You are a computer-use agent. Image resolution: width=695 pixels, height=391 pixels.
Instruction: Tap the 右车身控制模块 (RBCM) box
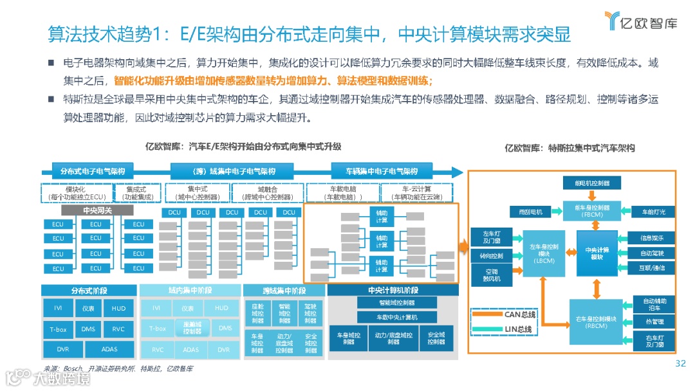592,320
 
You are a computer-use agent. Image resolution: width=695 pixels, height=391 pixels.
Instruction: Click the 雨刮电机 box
530,211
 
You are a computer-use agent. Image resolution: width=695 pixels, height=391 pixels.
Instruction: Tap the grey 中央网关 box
97,210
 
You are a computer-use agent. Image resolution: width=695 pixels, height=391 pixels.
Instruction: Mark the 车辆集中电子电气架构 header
382,171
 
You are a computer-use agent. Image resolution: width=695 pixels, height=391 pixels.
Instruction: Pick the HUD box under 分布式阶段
118,309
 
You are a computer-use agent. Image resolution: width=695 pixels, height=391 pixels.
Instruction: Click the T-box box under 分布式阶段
58,329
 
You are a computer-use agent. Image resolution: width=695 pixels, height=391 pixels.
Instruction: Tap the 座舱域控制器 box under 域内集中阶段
192,329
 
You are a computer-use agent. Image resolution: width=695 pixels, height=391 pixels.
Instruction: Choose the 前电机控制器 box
592,183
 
